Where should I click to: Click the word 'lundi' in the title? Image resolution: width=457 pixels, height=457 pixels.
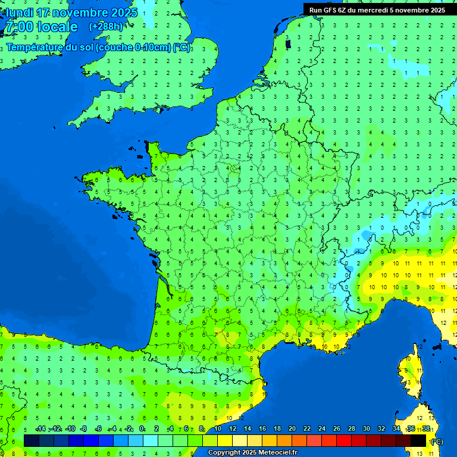(x=20, y=12)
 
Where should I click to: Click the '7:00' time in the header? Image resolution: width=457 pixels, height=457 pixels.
(x=18, y=27)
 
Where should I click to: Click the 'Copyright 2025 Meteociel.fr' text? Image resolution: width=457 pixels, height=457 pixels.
(x=252, y=452)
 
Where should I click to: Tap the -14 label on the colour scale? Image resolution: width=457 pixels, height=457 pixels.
(x=40, y=428)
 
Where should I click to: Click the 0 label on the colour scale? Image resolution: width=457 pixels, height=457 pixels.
(x=142, y=428)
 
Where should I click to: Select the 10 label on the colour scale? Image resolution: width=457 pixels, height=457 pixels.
(x=218, y=428)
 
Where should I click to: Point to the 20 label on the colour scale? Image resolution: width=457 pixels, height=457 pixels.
(x=292, y=428)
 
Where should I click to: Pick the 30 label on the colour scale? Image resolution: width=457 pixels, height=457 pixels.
(x=367, y=428)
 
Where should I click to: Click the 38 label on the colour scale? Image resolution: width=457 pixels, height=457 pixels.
(x=426, y=428)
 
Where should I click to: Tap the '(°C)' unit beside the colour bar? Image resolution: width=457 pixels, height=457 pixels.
(x=437, y=441)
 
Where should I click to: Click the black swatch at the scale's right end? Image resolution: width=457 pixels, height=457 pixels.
(x=418, y=440)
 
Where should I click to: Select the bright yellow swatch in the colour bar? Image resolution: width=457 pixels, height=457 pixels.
(x=225, y=440)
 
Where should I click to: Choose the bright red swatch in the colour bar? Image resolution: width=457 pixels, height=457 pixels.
(x=344, y=440)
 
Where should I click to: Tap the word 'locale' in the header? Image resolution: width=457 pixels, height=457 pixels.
(x=57, y=27)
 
